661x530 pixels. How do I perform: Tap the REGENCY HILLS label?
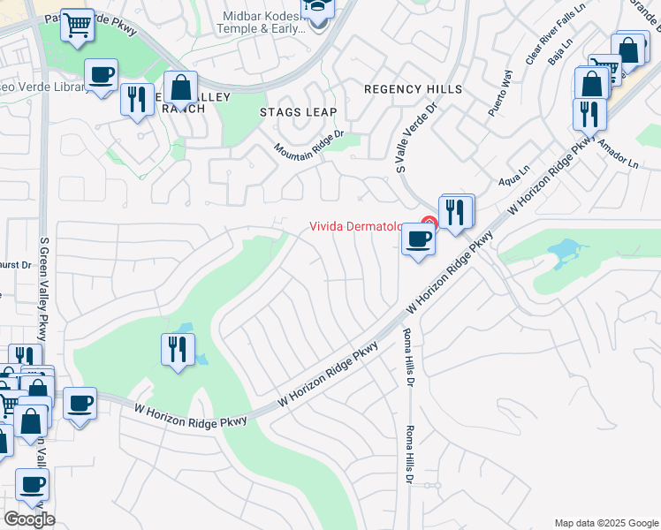click(413, 89)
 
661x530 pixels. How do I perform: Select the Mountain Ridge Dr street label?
click(307, 140)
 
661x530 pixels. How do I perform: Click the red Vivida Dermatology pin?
click(429, 223)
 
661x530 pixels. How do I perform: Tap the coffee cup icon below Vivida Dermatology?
click(418, 238)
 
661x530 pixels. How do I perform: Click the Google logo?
click(30, 519)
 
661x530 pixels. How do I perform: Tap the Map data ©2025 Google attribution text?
click(606, 523)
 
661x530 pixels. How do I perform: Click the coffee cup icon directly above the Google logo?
click(33, 484)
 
